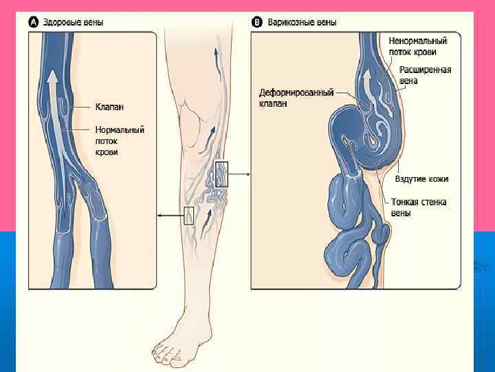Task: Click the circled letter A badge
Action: [x=34, y=22]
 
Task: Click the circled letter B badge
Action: [x=258, y=22]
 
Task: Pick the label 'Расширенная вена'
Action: [x=427, y=75]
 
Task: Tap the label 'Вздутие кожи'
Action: [x=422, y=178]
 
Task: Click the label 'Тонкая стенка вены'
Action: [x=419, y=207]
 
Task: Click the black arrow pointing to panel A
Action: [x=169, y=216]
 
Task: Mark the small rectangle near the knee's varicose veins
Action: [x=221, y=174]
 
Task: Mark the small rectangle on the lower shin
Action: [x=189, y=216]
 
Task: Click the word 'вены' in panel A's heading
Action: [x=93, y=22]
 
